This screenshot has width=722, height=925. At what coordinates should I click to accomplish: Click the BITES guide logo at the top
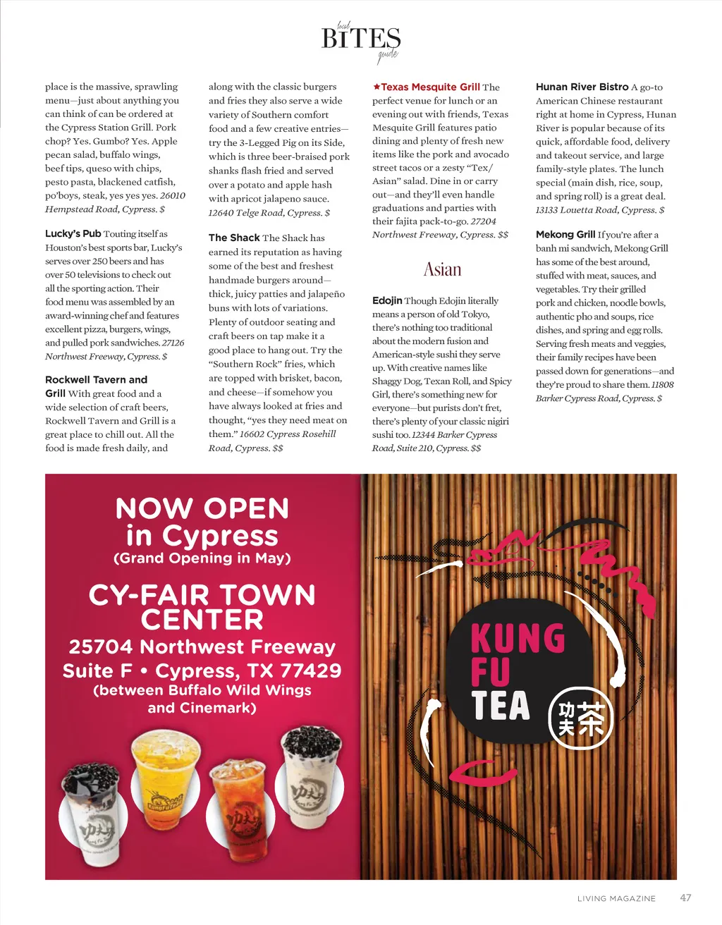tap(361, 39)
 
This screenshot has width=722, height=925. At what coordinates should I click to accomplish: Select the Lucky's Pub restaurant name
tap(73, 233)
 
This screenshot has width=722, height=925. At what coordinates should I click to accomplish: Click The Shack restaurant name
tap(234, 238)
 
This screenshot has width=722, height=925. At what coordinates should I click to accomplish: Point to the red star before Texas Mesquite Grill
tap(377, 87)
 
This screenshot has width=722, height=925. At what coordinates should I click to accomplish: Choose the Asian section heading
tap(442, 269)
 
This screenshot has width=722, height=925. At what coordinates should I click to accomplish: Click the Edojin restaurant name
tap(387, 300)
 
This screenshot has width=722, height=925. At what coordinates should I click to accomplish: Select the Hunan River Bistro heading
tap(582, 87)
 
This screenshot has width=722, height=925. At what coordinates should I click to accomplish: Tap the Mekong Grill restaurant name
tap(565, 234)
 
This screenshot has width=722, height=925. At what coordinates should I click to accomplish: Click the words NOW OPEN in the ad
tap(202, 508)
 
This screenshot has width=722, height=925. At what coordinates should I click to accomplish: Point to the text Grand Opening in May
tap(202, 558)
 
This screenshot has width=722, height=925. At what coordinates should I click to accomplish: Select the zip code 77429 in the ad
tap(310, 670)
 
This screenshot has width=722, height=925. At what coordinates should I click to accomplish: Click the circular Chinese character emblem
tap(581, 718)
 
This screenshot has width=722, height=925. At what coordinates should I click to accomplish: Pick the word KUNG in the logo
tap(518, 639)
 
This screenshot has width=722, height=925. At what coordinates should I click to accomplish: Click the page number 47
tap(685, 898)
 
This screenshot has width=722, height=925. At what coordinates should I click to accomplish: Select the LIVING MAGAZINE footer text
tap(616, 898)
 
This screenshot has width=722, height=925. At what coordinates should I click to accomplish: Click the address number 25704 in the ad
tap(100, 647)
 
